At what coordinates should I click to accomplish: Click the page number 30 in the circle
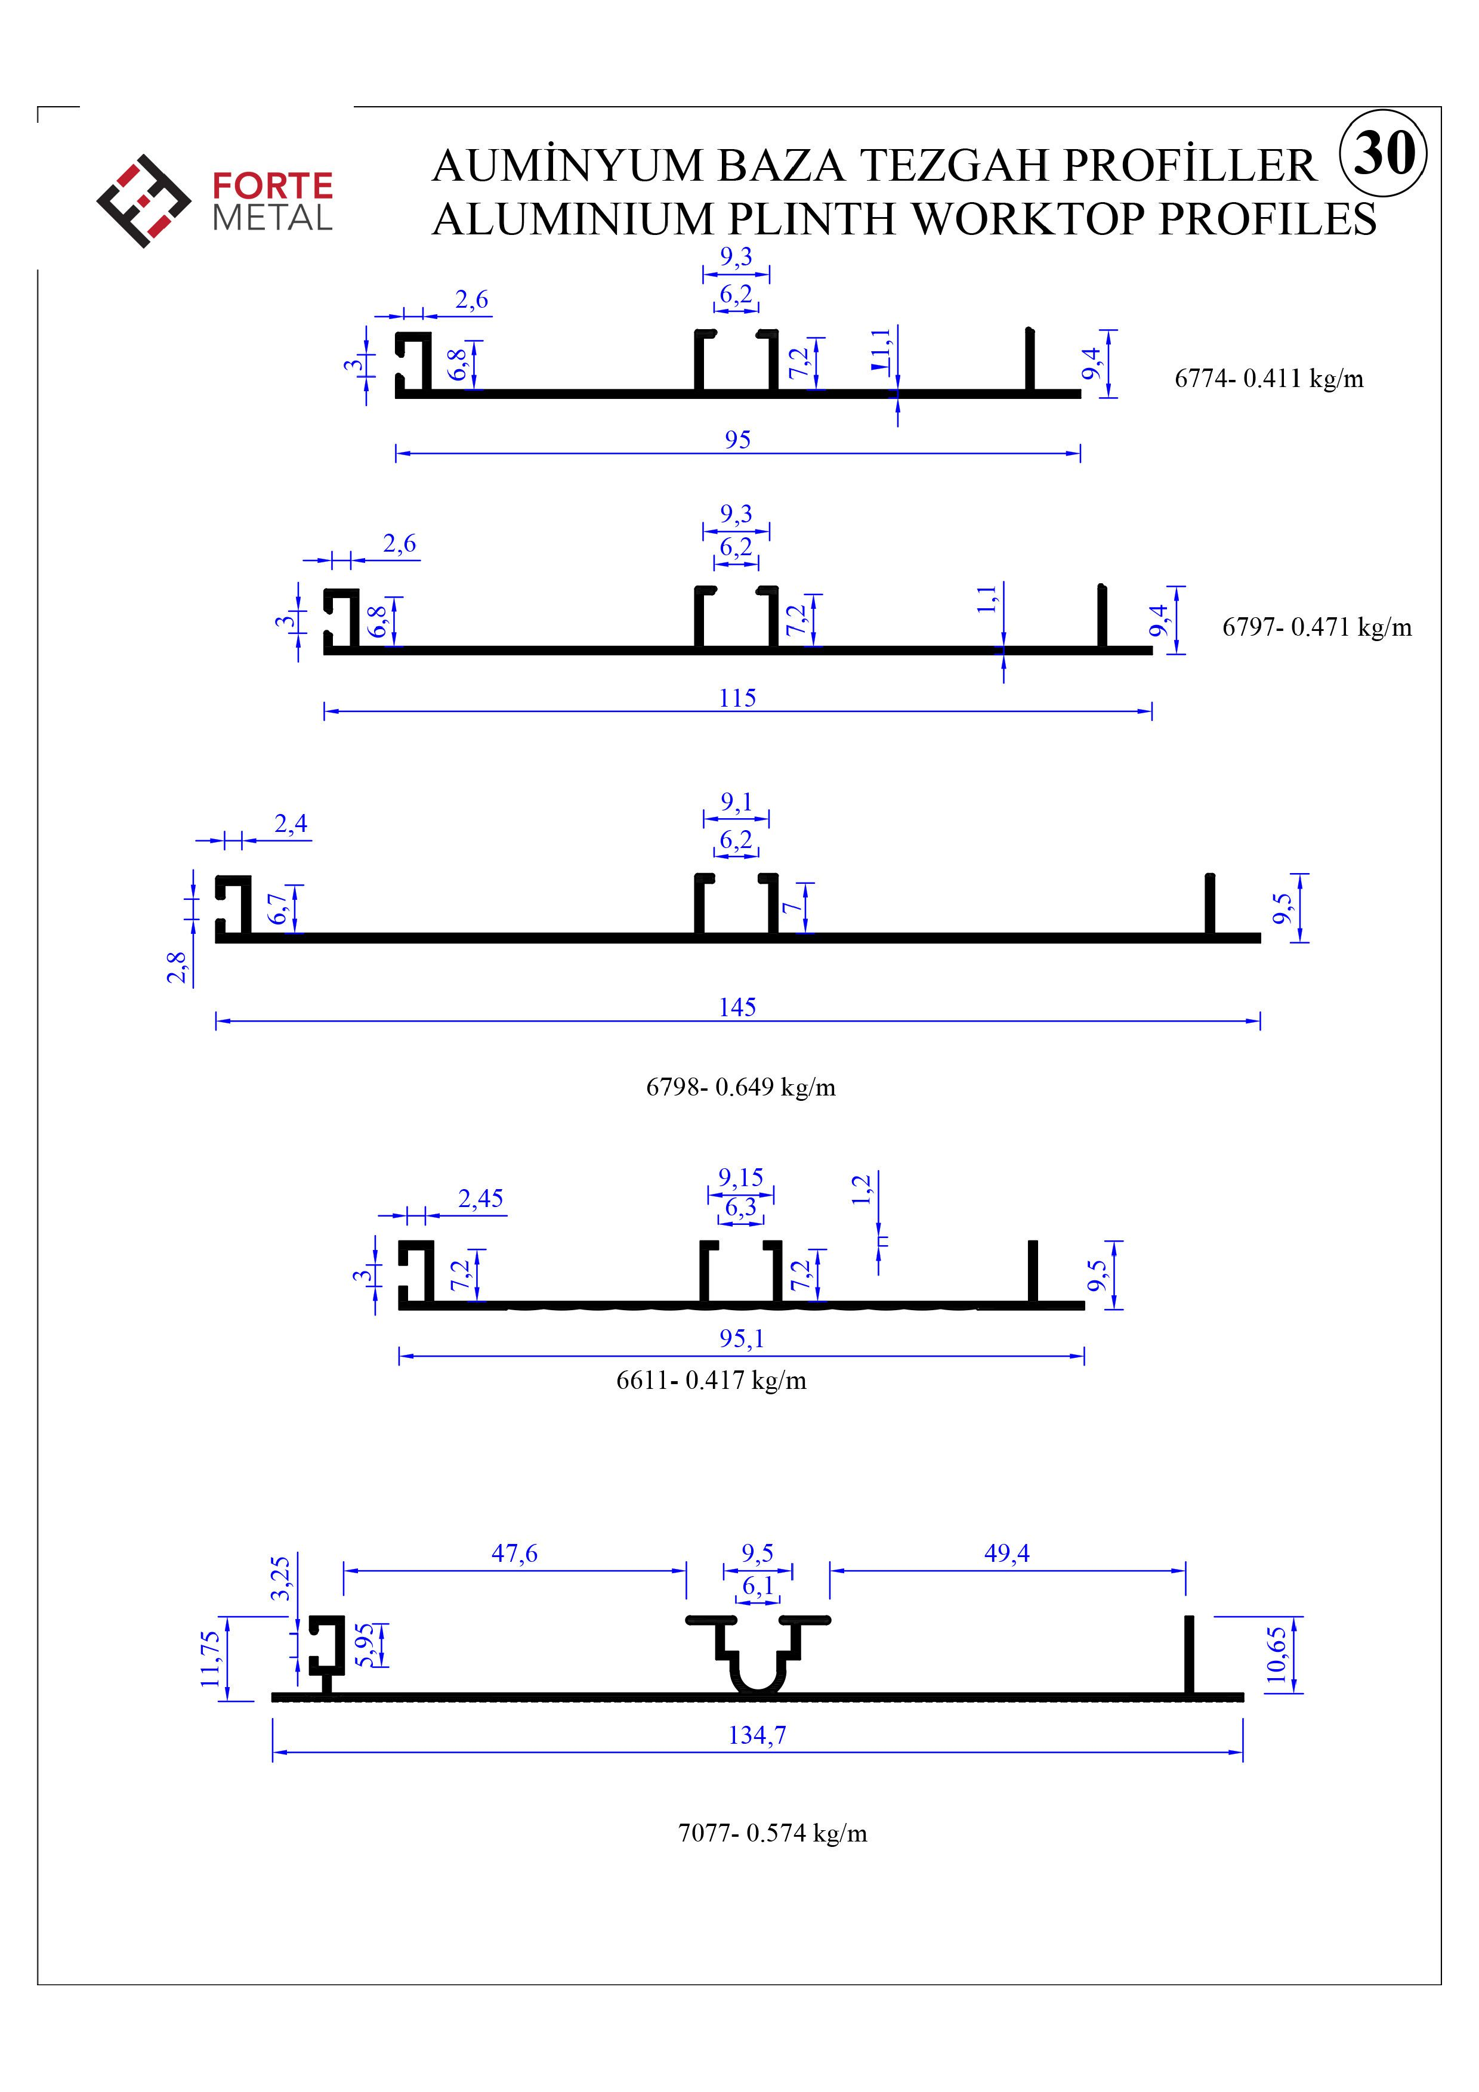[x=1384, y=152]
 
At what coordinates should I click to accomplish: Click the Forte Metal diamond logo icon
[x=144, y=202]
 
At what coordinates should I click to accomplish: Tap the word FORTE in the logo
[x=273, y=187]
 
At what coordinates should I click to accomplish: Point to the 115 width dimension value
[x=737, y=698]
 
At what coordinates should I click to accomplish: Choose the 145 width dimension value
[x=737, y=1007]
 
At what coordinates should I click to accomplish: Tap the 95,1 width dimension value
[x=741, y=1338]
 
